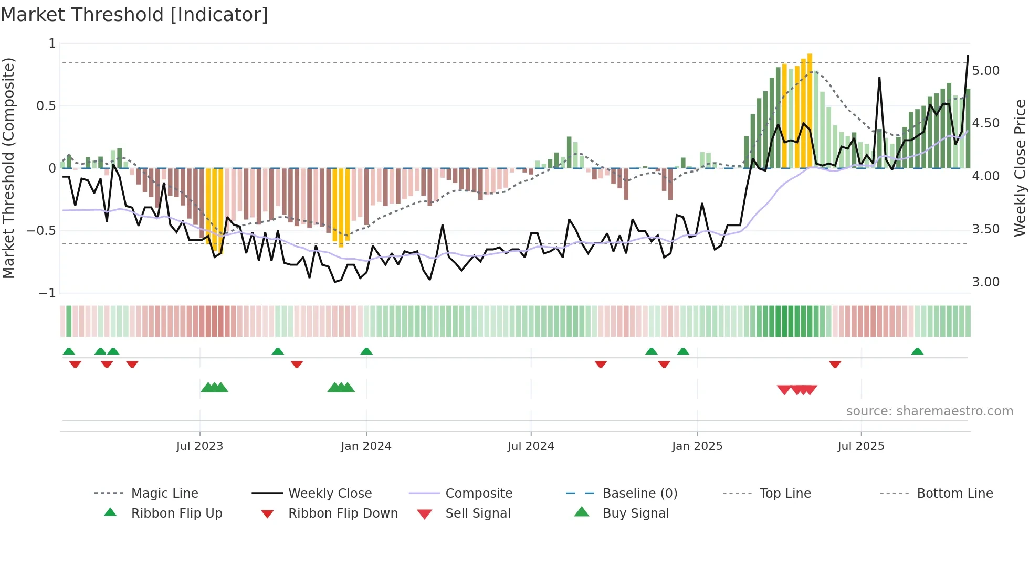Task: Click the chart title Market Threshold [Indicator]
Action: (134, 15)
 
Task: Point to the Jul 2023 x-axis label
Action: (199, 446)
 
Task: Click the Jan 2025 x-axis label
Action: (697, 446)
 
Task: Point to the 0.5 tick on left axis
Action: (46, 106)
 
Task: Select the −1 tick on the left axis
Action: (47, 293)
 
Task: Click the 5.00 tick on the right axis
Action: (985, 71)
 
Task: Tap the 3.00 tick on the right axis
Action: (985, 282)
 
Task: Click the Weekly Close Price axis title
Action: (1020, 168)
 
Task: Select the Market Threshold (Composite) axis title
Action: (8, 168)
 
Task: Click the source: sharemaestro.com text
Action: (929, 411)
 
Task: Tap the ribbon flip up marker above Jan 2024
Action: (366, 351)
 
